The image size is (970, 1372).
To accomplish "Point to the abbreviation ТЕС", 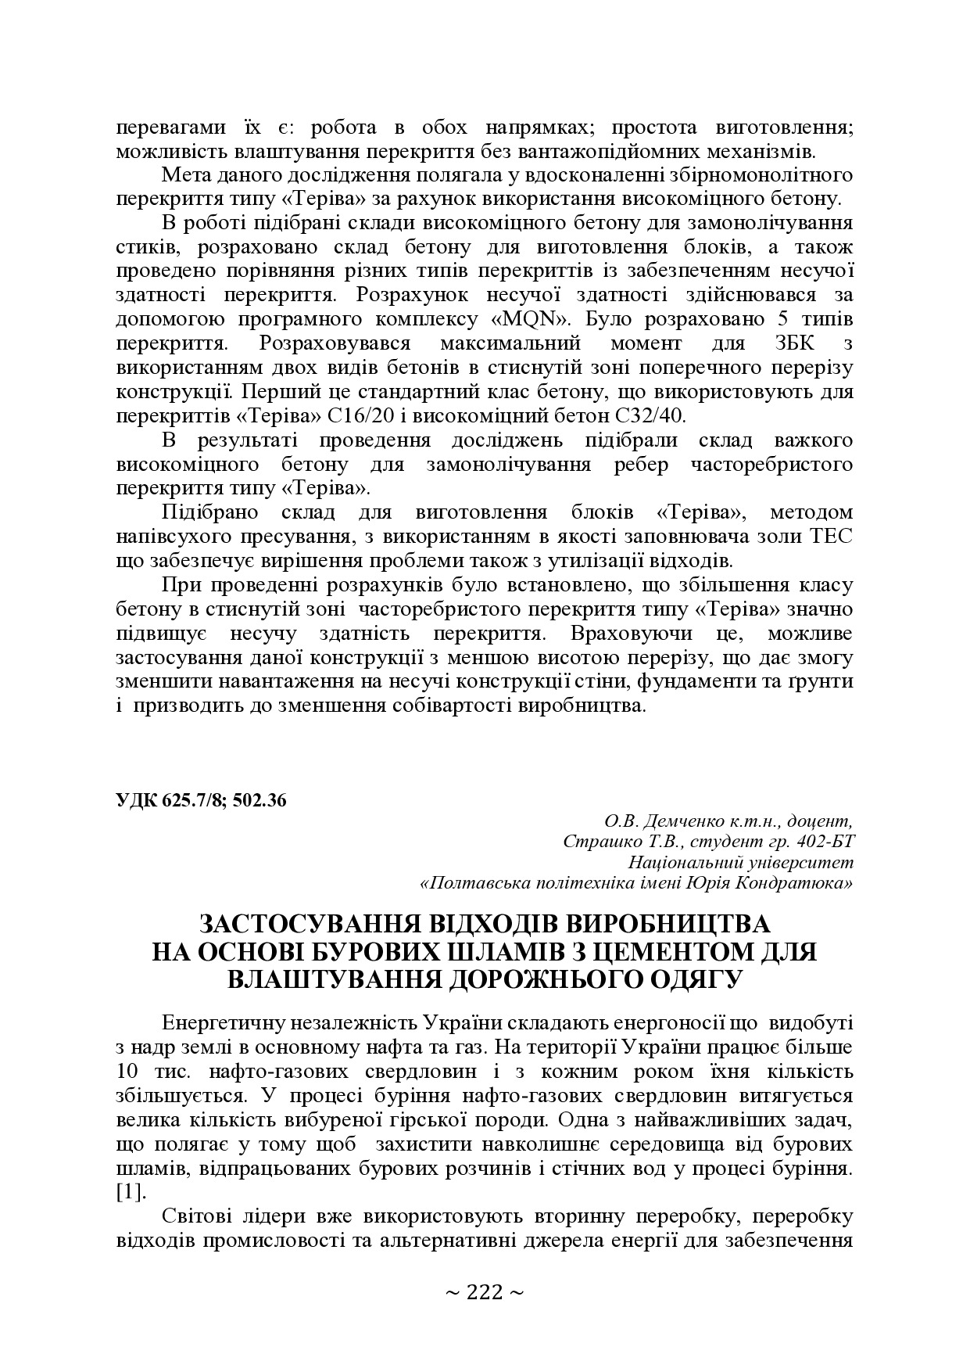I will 830,536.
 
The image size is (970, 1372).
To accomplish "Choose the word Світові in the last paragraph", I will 194,1217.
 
